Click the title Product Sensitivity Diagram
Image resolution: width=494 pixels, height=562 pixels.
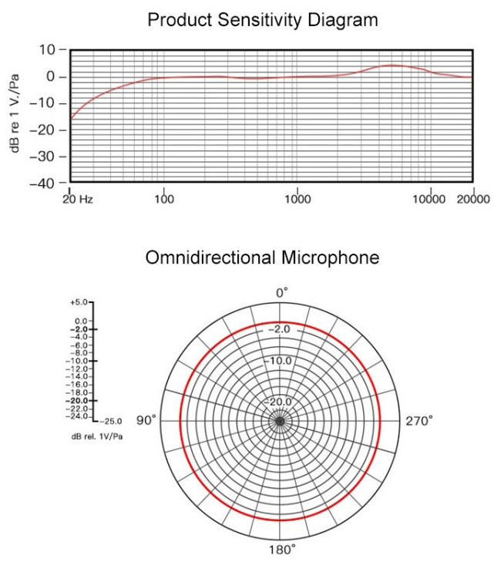point(263,20)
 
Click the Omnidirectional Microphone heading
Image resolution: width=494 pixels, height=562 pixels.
point(262,257)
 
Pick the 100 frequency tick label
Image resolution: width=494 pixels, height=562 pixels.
point(164,199)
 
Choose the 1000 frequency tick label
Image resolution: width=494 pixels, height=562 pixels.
point(297,199)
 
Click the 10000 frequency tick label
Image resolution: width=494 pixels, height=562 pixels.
point(429,199)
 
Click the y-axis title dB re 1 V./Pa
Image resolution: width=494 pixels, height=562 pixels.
point(15,116)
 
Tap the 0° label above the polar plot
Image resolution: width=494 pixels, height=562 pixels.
point(282,293)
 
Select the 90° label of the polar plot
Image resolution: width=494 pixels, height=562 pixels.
point(146,420)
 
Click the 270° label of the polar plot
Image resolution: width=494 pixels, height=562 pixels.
point(419,420)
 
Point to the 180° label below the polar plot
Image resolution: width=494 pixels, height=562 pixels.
point(282,550)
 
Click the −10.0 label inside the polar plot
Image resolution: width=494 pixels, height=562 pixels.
point(280,361)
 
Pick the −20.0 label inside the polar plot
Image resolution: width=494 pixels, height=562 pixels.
point(280,402)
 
